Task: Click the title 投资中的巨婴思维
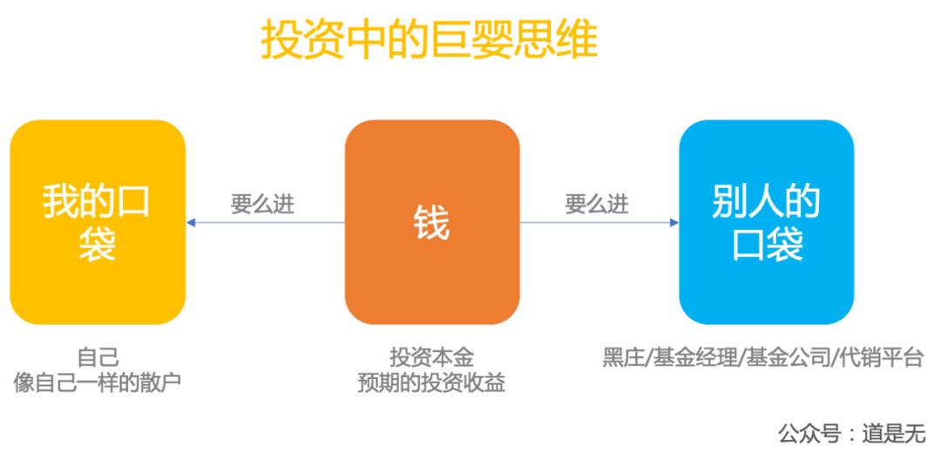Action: point(429,41)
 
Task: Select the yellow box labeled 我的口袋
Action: point(98,222)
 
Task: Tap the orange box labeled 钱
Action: point(432,222)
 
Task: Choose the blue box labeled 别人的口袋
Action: point(767,222)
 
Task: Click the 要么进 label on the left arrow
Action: point(263,205)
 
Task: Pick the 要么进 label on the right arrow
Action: point(597,205)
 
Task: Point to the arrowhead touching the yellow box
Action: point(191,223)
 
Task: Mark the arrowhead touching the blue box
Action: point(674,223)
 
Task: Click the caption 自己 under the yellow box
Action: point(98,358)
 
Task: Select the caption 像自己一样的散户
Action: point(98,383)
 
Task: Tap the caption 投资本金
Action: point(432,358)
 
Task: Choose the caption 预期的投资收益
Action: point(431,383)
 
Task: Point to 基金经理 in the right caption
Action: point(695,358)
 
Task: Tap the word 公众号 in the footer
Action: point(809,434)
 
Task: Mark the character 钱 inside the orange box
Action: point(432,223)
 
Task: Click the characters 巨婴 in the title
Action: point(471,41)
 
